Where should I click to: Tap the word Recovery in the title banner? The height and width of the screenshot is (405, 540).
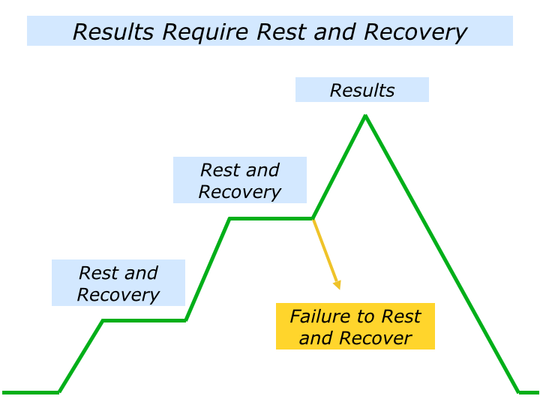(x=415, y=32)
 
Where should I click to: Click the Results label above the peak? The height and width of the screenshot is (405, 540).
(x=362, y=91)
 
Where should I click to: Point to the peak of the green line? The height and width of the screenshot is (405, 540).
(x=365, y=115)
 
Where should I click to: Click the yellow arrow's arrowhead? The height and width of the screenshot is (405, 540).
(x=337, y=284)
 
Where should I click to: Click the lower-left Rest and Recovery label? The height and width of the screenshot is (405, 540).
(x=118, y=283)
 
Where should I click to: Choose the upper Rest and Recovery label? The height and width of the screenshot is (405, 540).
(x=240, y=180)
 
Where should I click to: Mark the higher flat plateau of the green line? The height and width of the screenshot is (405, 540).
(x=271, y=218)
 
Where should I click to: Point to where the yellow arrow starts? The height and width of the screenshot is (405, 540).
(x=313, y=219)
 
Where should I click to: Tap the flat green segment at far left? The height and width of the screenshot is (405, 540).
(x=30, y=391)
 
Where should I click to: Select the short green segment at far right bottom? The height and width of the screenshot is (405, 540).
(x=529, y=391)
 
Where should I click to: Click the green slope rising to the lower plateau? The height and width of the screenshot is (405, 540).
(x=81, y=356)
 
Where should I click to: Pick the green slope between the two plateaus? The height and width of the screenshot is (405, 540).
(x=208, y=269)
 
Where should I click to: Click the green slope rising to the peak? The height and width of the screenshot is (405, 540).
(x=339, y=167)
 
